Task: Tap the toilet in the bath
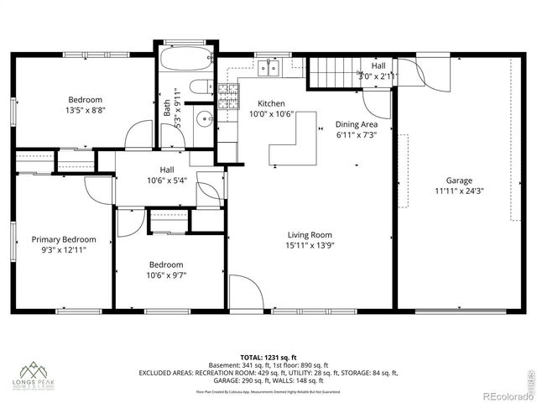coord(200,86)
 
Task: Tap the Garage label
coord(459,180)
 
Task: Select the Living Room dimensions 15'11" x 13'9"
coord(310,246)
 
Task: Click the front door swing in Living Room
coord(243,290)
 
